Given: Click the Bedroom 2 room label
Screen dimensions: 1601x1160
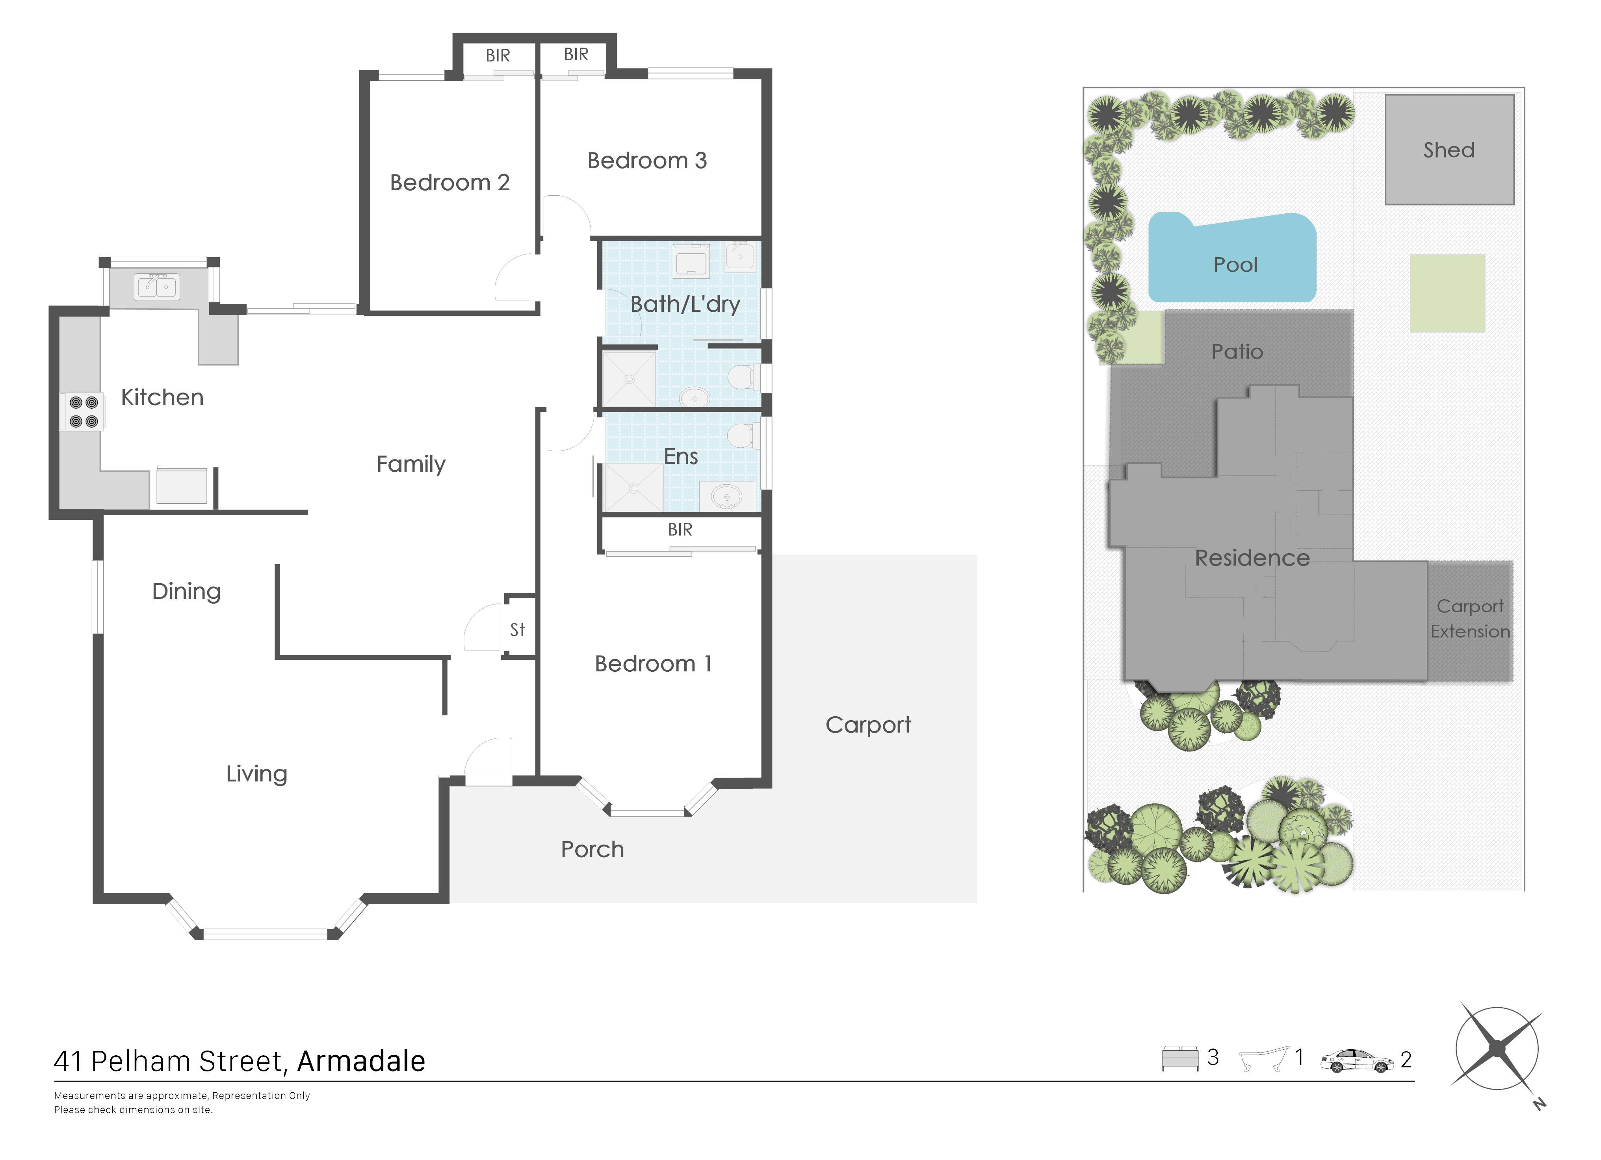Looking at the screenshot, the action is click(449, 183).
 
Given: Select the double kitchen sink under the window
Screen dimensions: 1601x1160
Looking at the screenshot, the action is click(157, 287).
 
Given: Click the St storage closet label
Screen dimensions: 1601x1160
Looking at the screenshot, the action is click(517, 629).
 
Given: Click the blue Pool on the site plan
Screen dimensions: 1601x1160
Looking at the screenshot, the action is click(1233, 258).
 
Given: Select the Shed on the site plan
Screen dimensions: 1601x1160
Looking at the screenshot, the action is click(1449, 150).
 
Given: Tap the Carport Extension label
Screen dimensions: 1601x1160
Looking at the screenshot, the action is click(1471, 619).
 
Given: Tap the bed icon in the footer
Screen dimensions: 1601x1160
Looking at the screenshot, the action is click(1180, 1058).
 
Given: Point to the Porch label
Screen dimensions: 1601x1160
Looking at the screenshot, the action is click(592, 849).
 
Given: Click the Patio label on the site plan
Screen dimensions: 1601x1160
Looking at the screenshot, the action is click(1237, 351).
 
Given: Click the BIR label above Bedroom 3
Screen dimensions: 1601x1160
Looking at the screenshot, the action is click(576, 54).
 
